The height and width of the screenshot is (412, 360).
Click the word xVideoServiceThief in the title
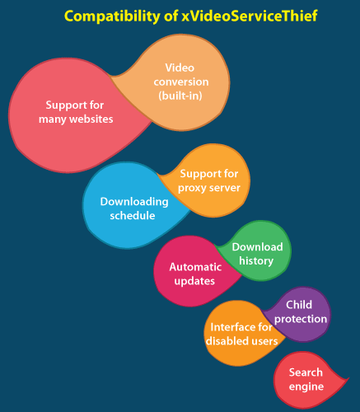pos(250,16)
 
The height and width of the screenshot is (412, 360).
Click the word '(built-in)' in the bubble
pos(180,96)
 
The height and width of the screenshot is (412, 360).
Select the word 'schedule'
pos(133,215)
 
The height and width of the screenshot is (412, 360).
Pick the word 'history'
pos(256,261)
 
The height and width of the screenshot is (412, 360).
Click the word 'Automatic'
pos(195,267)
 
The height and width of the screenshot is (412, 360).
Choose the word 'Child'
pos(299,305)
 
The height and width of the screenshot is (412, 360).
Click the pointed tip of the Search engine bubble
pos(349,378)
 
